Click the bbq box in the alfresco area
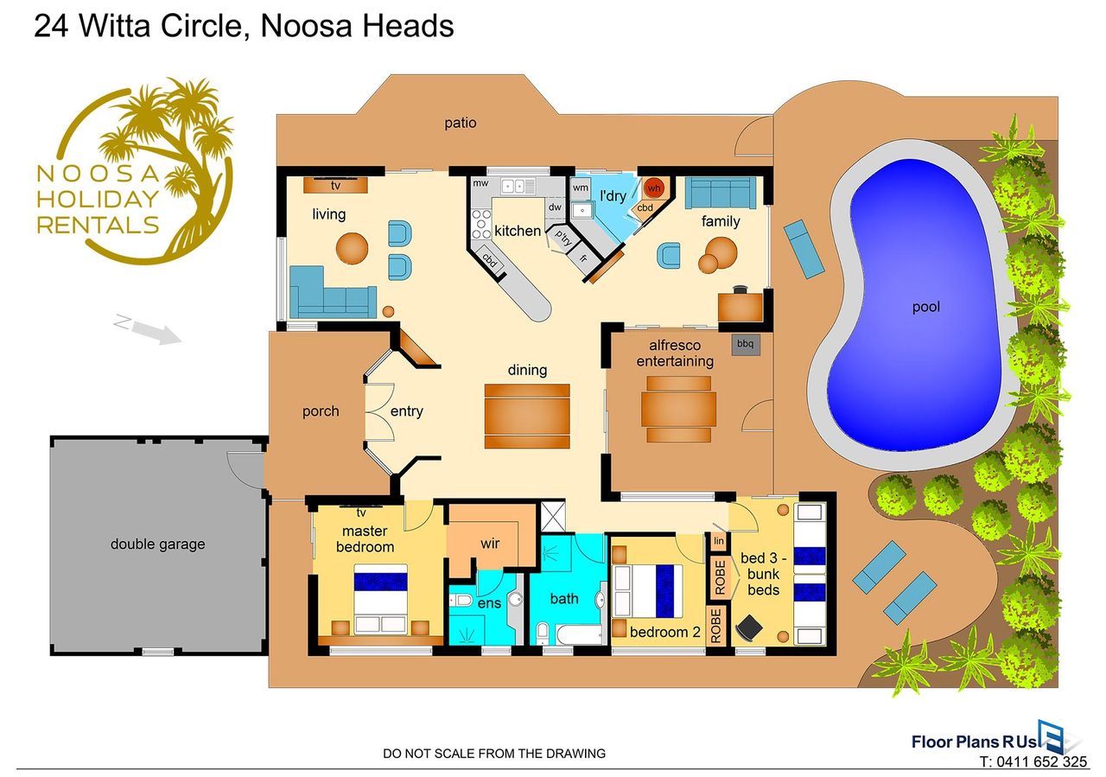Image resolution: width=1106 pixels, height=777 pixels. coord(745,344)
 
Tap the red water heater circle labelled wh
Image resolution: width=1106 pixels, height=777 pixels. coord(654,188)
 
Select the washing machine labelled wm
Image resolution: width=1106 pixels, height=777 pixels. coord(580,188)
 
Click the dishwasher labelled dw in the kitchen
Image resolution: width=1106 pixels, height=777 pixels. coord(555,207)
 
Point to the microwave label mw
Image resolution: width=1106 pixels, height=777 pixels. coord(480,183)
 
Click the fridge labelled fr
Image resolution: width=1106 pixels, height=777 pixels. coord(583,258)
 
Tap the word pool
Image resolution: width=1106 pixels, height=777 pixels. coord(925,307)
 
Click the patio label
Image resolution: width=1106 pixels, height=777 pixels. coord(461,123)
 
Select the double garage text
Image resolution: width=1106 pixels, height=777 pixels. coord(157,544)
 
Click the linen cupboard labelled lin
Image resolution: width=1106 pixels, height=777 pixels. coord(719,541)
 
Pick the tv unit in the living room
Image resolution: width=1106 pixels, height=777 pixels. coord(335,185)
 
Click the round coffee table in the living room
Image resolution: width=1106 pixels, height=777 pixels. coord(352,247)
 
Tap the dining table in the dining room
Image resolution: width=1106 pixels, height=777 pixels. coord(527,416)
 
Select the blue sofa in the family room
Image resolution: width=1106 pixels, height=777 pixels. coord(721,193)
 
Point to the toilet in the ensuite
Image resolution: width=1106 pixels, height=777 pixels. coord(461,600)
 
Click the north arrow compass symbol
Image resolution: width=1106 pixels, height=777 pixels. coord(148,329)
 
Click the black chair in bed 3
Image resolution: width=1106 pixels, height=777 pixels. coord(749,628)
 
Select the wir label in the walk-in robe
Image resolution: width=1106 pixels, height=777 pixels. coord(490,544)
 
